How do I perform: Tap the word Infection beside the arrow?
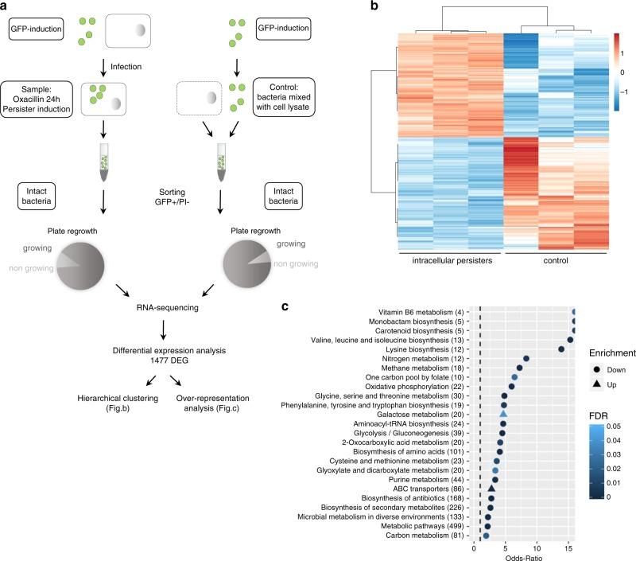click(139, 57)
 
